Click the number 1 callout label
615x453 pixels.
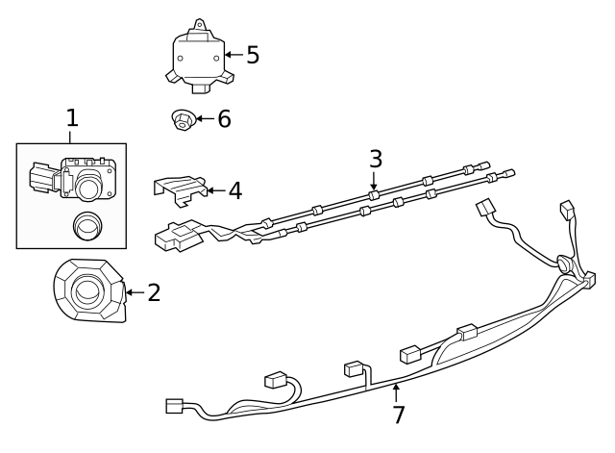click(72, 118)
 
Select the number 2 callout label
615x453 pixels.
click(154, 292)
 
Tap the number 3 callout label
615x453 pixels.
click(375, 158)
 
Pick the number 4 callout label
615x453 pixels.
click(234, 190)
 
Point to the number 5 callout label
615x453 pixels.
click(253, 55)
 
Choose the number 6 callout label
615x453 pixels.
click(224, 119)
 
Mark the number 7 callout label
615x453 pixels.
click(398, 415)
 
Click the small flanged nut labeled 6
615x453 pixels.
click(181, 120)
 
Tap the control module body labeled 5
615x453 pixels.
click(200, 58)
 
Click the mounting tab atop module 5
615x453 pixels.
click(200, 25)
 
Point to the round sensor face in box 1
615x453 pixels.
click(90, 185)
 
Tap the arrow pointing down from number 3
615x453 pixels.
click(374, 179)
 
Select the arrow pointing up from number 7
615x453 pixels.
click(395, 392)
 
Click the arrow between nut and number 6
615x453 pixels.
click(206, 119)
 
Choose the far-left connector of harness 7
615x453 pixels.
click(175, 406)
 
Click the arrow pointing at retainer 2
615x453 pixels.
click(135, 291)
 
